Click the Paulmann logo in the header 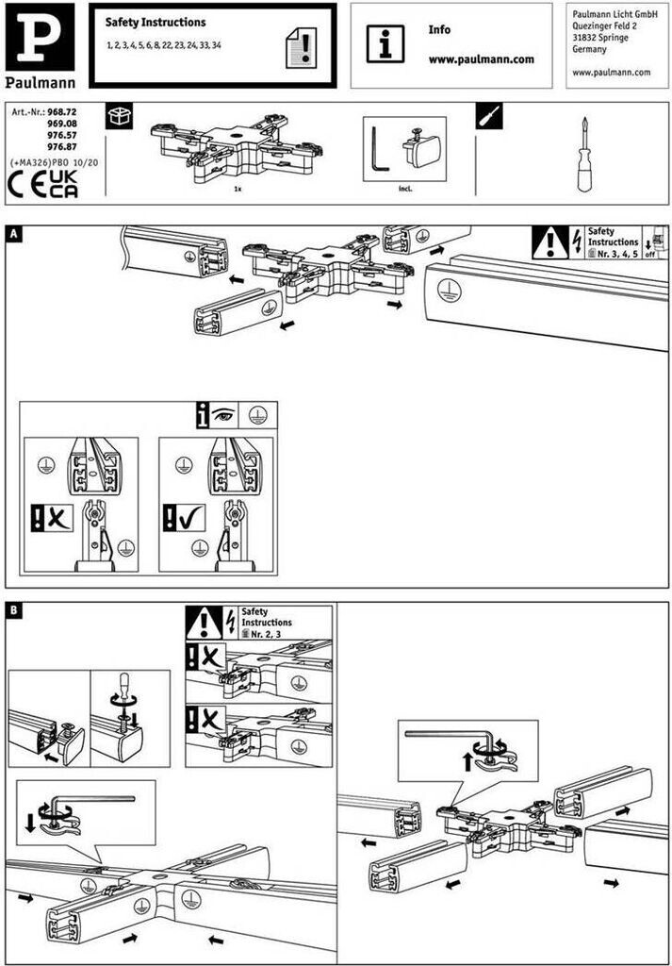coord(42,45)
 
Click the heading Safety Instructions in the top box coord(156,22)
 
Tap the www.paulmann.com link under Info coord(481,58)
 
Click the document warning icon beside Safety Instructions coord(301,44)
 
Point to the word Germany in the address coord(589,50)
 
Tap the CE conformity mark coord(26,183)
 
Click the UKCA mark coord(63,183)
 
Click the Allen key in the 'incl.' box coord(379,152)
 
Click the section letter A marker coord(13,232)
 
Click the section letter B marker coord(13,611)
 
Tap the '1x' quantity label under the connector coord(239,189)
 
